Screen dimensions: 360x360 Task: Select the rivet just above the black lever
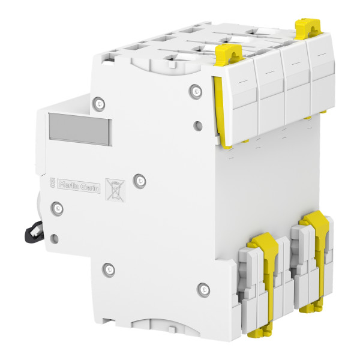[57, 208]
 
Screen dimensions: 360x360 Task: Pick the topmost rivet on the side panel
[196, 91]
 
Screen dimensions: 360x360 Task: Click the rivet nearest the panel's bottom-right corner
[203, 289]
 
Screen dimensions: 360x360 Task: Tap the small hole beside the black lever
[55, 238]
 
